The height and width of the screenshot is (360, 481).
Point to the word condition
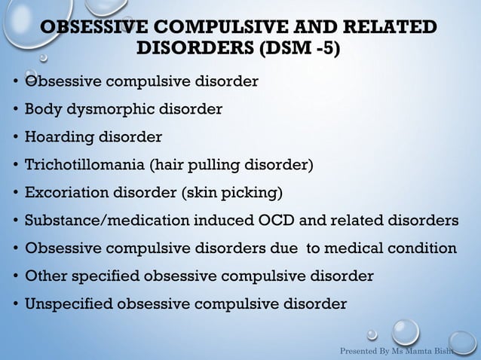[x=424, y=249]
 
